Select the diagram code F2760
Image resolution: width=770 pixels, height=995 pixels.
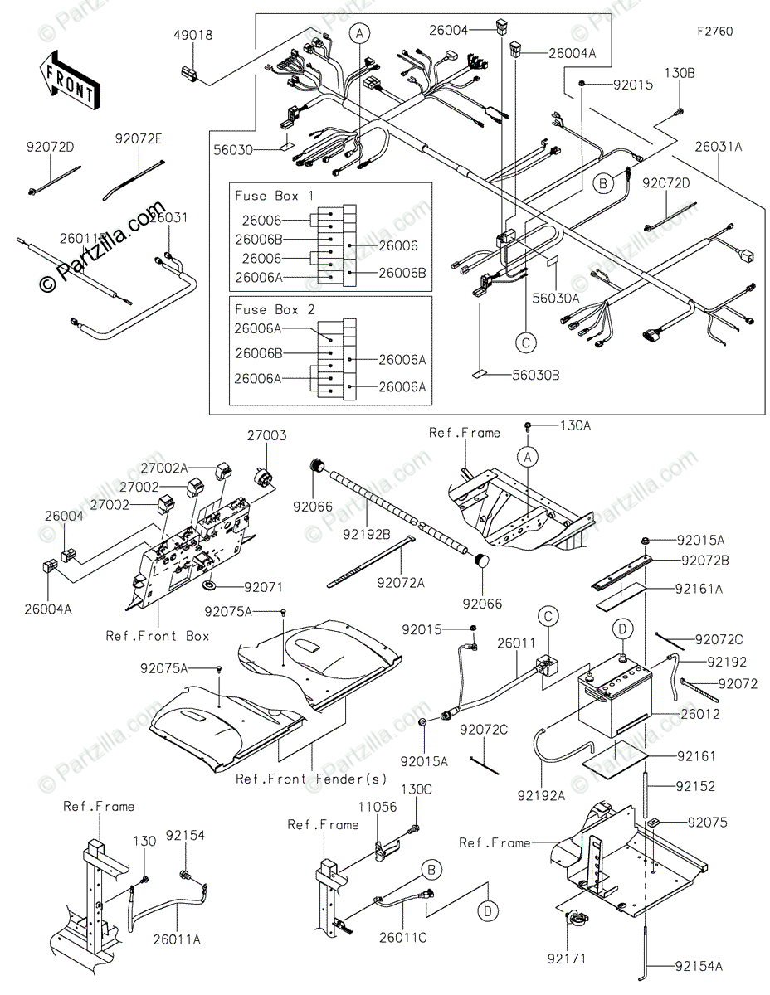714,32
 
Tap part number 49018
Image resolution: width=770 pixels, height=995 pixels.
192,36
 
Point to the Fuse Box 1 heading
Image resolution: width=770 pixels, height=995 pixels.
274,196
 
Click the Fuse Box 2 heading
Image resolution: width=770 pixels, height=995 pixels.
274,309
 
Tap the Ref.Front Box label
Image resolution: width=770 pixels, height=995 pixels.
158,636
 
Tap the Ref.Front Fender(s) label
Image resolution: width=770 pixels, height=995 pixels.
311,779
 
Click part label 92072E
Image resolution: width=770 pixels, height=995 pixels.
139,138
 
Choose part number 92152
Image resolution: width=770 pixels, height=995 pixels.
695,786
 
